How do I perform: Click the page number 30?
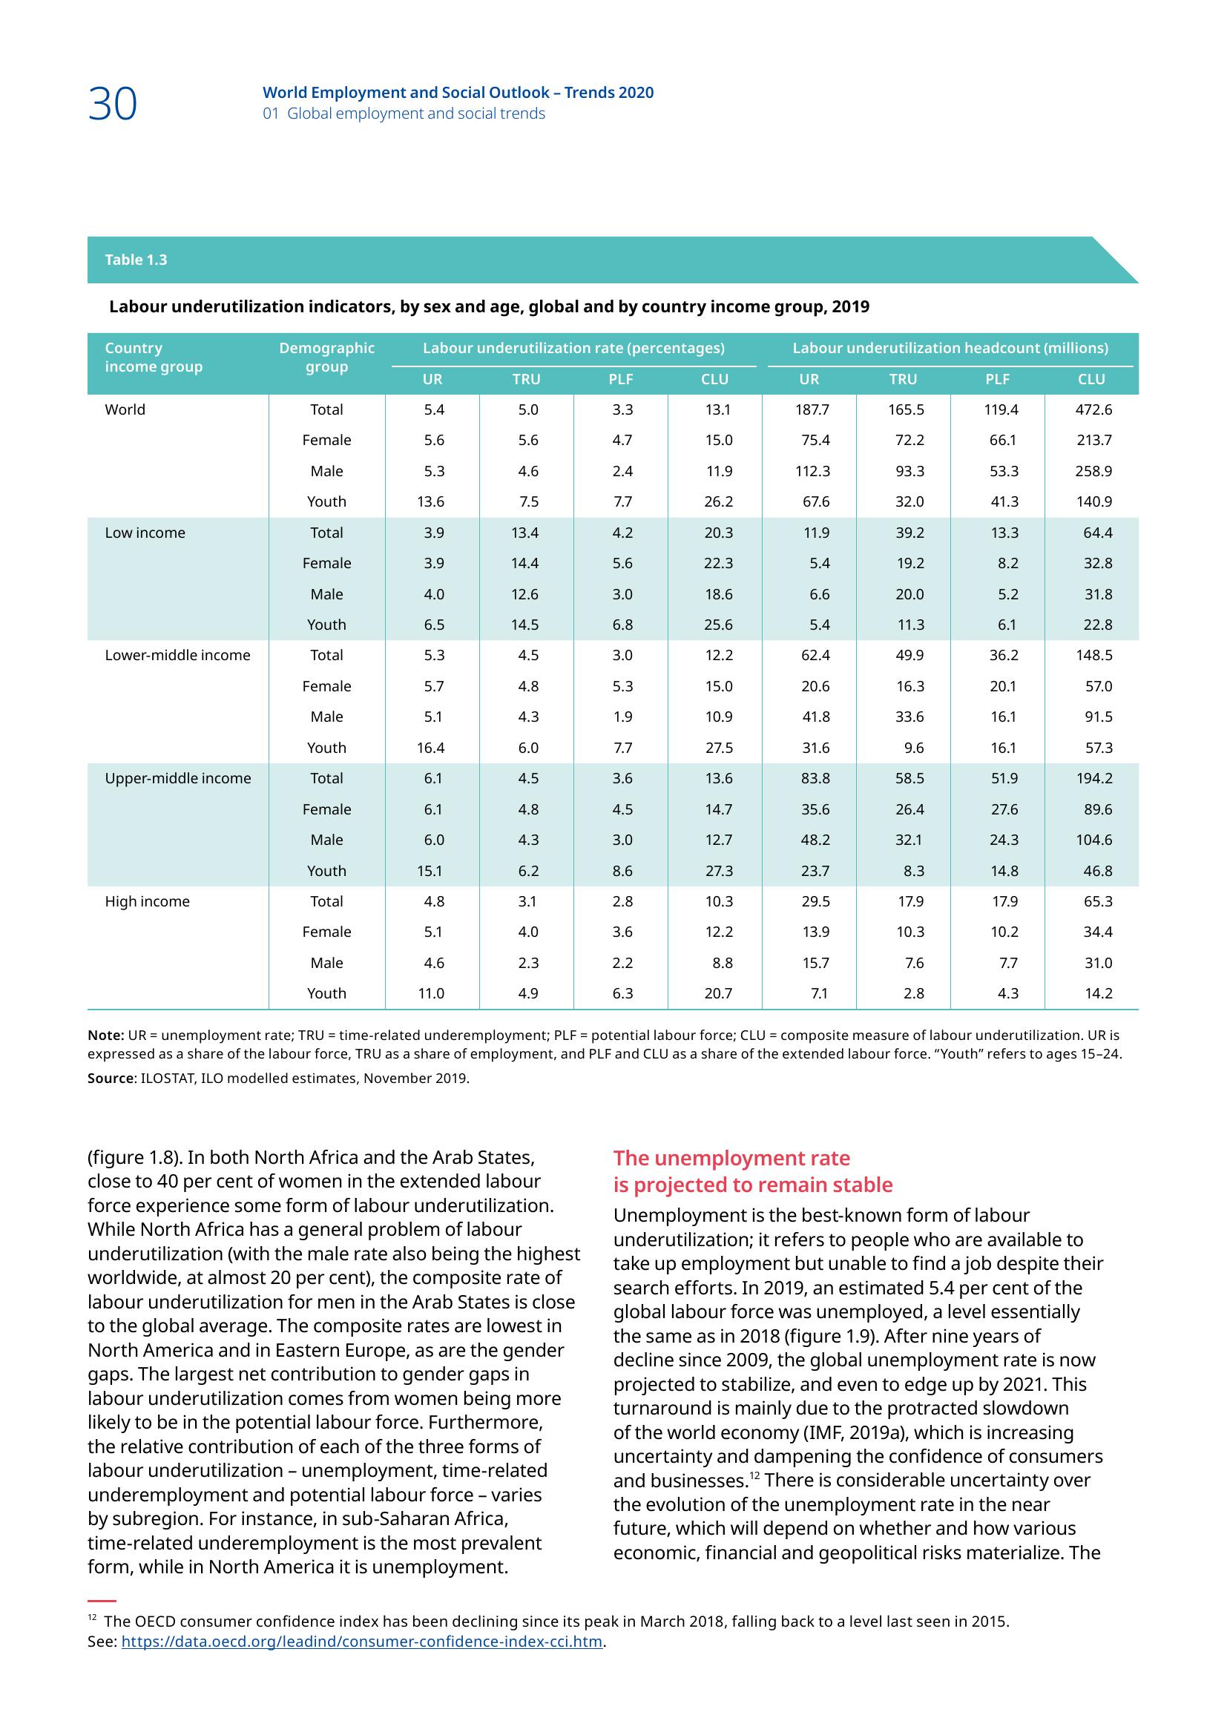coord(113,104)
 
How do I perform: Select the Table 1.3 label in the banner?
coord(136,260)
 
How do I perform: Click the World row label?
coord(125,409)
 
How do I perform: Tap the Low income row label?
coord(145,533)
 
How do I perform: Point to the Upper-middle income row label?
coord(178,778)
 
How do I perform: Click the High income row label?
coord(148,901)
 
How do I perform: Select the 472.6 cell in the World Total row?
coord(1094,409)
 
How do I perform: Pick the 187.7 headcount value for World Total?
coord(812,409)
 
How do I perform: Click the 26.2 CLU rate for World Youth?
coord(718,501)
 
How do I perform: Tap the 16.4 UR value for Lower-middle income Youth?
coord(431,748)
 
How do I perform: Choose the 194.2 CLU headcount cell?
coord(1094,778)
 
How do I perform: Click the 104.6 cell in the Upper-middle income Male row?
coord(1094,840)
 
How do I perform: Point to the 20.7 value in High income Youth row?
coord(718,994)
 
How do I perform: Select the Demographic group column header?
coord(326,358)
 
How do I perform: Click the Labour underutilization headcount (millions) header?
coord(950,349)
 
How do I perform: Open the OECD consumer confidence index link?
coord(362,1642)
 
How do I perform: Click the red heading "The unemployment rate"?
coord(731,1159)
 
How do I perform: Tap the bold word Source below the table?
coord(111,1079)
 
